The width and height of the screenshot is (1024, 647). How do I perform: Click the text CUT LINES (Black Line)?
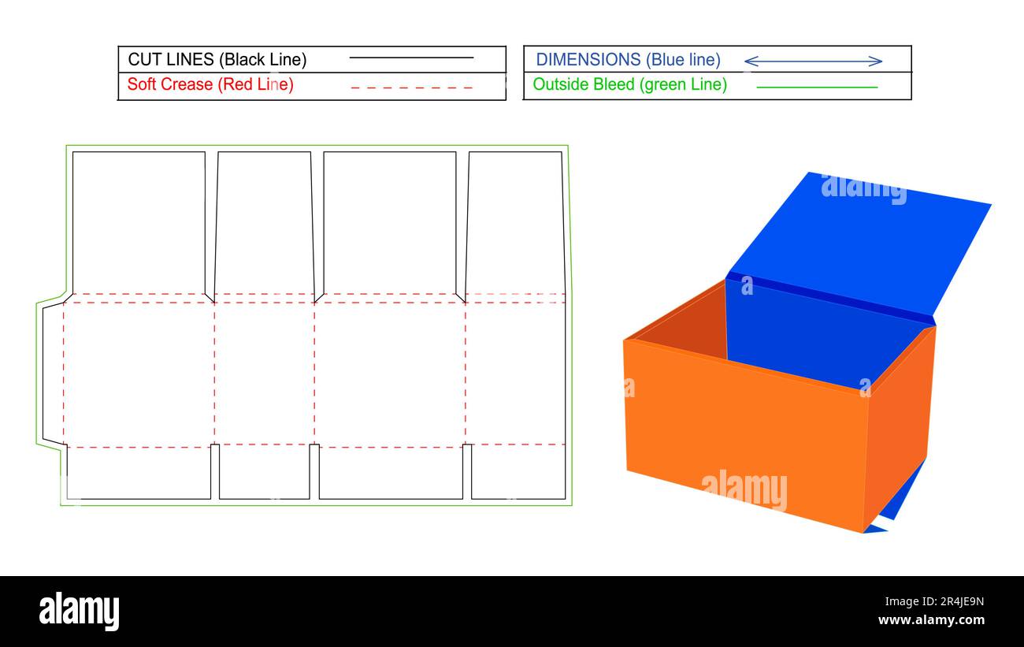217,59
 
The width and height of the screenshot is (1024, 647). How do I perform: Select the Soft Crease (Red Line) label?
210,84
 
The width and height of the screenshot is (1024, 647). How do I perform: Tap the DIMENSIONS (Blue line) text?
628,59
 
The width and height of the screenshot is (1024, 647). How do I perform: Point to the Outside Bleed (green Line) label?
629,84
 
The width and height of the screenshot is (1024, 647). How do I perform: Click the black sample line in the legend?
411,58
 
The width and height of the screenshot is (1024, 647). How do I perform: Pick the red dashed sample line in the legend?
411,87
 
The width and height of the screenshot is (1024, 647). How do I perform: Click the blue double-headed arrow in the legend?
813,61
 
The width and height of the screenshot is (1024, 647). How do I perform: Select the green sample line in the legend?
817,87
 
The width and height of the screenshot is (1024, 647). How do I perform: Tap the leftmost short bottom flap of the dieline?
139,473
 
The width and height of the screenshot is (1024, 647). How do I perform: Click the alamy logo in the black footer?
79,612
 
